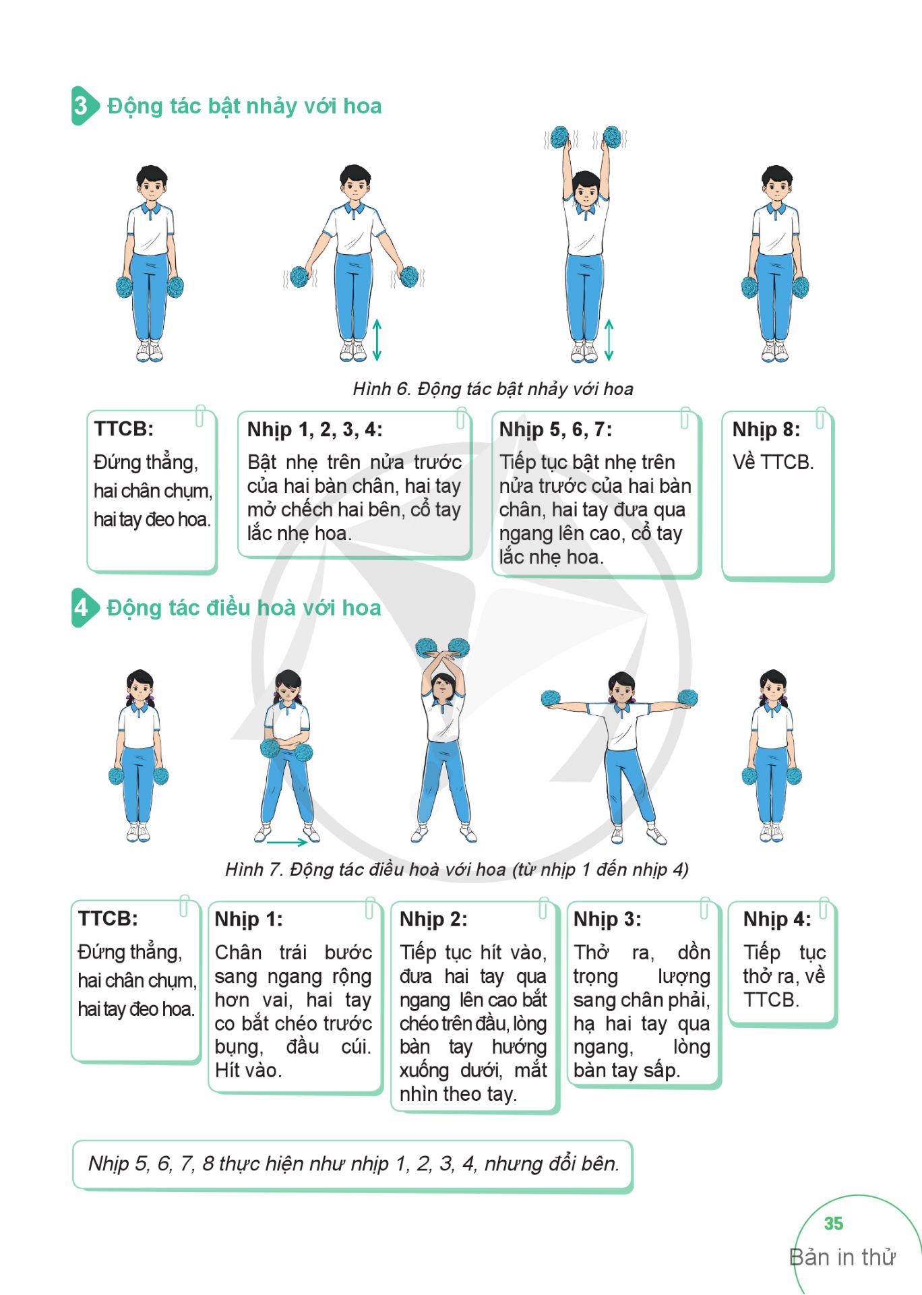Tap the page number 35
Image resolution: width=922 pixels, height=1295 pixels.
[833, 1224]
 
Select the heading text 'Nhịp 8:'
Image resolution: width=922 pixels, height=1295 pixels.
[766, 429]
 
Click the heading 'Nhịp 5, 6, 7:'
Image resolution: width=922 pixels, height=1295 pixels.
[555, 429]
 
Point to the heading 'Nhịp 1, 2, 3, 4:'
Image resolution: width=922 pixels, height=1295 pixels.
[315, 429]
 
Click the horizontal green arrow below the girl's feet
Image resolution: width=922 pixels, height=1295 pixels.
[287, 841]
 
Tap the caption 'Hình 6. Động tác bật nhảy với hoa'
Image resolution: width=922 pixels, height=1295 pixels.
[493, 389]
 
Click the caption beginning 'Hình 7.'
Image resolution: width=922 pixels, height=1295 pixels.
[457, 870]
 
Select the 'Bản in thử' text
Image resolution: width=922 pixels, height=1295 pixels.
[842, 1257]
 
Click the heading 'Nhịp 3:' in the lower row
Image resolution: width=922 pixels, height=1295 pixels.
[607, 920]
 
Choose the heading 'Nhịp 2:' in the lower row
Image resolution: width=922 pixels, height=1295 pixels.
[433, 920]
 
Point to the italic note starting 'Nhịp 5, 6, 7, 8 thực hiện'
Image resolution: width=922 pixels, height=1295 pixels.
[353, 1164]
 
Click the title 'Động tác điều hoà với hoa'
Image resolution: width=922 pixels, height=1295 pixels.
[244, 607]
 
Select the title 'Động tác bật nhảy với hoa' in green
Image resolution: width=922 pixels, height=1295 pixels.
[244, 106]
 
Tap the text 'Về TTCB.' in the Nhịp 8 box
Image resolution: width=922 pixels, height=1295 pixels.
[773, 462]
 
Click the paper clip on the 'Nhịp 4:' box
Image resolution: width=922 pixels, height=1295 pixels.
[823, 907]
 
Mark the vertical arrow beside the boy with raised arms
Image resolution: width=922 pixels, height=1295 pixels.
[609, 340]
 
